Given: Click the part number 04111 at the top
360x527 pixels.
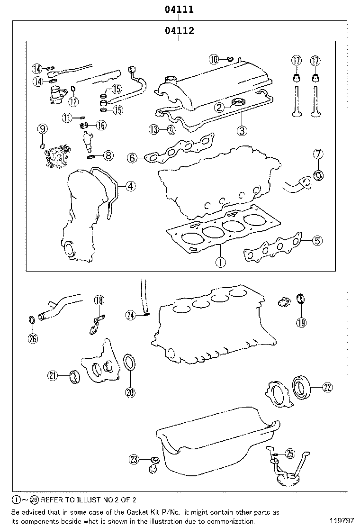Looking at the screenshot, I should pos(179,9).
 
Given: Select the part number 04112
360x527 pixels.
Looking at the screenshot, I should pos(179,31).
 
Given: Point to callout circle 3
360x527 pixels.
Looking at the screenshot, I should pos(242,131).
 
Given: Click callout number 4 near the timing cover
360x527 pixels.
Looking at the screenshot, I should pos(130,186).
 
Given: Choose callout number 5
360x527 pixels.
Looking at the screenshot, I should pos(317,241).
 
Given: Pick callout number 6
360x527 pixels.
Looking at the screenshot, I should pos(133,157).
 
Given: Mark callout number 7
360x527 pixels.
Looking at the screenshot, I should pos(318,154).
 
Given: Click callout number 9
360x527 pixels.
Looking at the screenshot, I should pos(42,128).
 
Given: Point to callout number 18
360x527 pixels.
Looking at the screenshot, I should pos(99,300).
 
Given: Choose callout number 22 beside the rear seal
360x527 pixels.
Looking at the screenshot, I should pos(327,387).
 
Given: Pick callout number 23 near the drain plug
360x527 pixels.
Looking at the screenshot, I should pos(134,459).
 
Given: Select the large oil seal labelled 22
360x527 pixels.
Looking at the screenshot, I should pos(301,386).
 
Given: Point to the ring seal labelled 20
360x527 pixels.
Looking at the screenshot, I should pos(129,363).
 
